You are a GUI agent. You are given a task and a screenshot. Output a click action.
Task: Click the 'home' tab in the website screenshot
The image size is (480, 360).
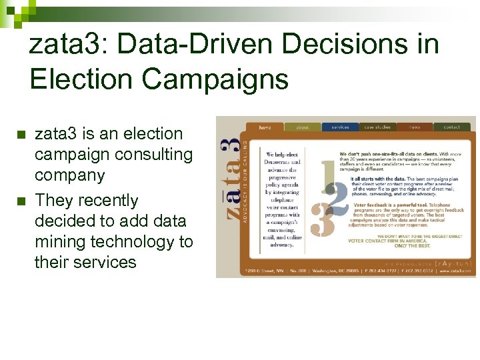click(265, 126)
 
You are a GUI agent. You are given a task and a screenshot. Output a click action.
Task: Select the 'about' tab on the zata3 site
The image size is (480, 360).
click(302, 126)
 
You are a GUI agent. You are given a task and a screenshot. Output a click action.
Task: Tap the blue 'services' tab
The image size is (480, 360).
click(339, 126)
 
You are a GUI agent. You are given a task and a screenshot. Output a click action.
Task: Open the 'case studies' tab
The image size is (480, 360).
click(377, 126)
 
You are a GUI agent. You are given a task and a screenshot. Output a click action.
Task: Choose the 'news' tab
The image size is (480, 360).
click(415, 126)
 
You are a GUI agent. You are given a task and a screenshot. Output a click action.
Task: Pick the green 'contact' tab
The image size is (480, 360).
click(452, 126)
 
